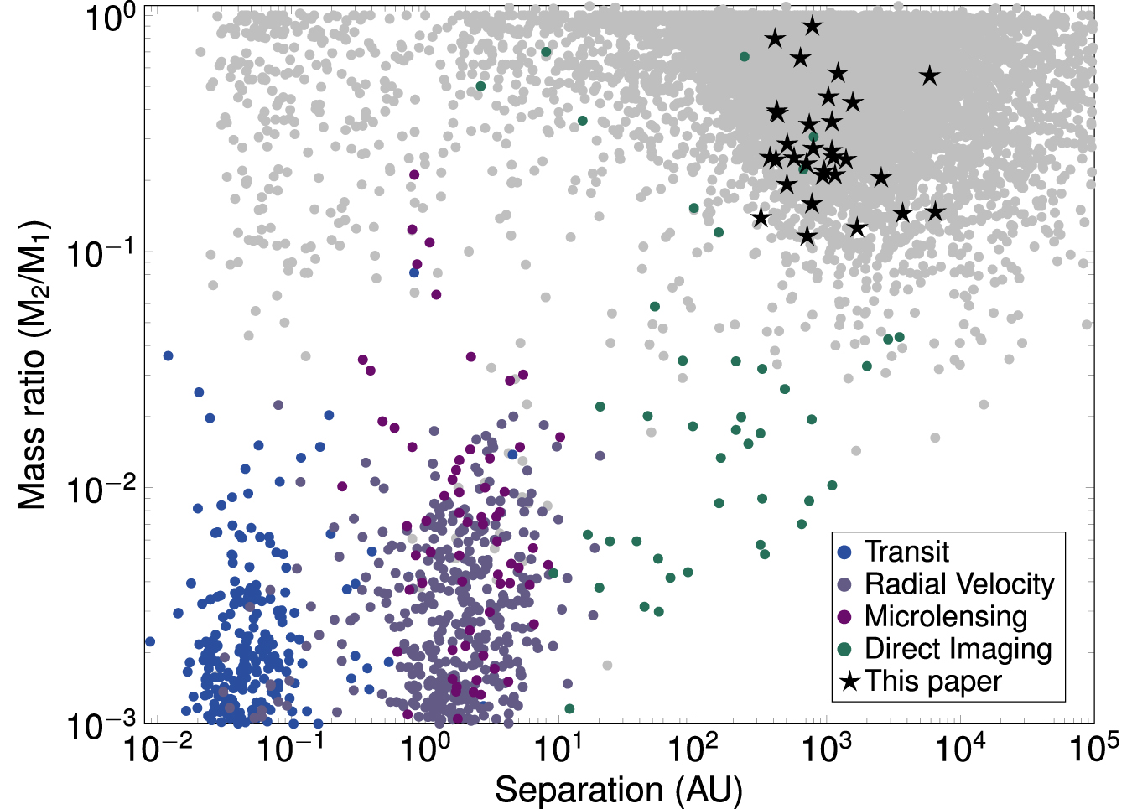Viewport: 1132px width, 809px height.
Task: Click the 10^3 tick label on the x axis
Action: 825,747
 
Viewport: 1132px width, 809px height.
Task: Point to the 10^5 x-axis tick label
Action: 1094,747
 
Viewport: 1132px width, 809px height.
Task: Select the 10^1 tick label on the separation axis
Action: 556,747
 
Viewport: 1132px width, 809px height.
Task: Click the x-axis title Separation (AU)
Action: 619,790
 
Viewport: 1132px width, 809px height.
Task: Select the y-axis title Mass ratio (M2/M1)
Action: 33,366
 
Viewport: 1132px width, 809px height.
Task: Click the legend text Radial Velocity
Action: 959,584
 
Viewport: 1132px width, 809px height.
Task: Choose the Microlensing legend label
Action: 946,616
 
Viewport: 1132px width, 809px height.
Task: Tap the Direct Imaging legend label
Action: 958,649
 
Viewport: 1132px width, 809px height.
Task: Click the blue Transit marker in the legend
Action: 845,552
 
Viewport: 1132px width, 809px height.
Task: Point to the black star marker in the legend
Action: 849,681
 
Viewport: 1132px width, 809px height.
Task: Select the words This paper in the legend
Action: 933,681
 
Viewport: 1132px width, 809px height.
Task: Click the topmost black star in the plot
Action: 812,26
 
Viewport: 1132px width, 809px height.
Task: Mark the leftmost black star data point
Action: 761,218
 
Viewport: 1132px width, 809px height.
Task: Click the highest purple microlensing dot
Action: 414,174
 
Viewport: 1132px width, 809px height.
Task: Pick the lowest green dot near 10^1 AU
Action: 569,708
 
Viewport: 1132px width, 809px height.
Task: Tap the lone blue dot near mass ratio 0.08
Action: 414,272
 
